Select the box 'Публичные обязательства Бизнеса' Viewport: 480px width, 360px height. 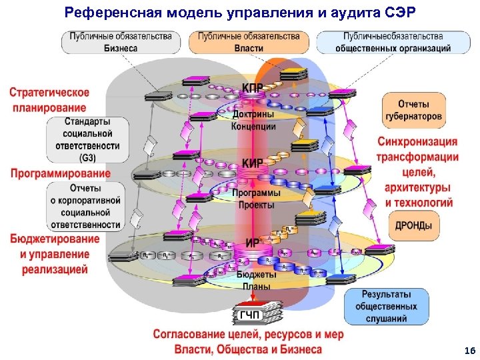point(121,42)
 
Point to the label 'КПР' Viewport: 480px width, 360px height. point(252,89)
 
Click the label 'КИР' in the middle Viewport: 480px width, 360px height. point(252,163)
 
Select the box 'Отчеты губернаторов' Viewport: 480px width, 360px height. point(413,110)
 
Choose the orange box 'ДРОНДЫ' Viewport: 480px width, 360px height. point(413,225)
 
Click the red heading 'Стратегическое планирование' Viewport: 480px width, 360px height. point(59,100)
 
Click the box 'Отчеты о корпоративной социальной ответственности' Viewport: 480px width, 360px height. point(85,206)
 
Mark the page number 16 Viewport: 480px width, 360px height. point(469,351)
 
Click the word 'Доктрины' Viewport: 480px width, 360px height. point(253,115)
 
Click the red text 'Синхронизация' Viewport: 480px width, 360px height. point(417,141)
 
